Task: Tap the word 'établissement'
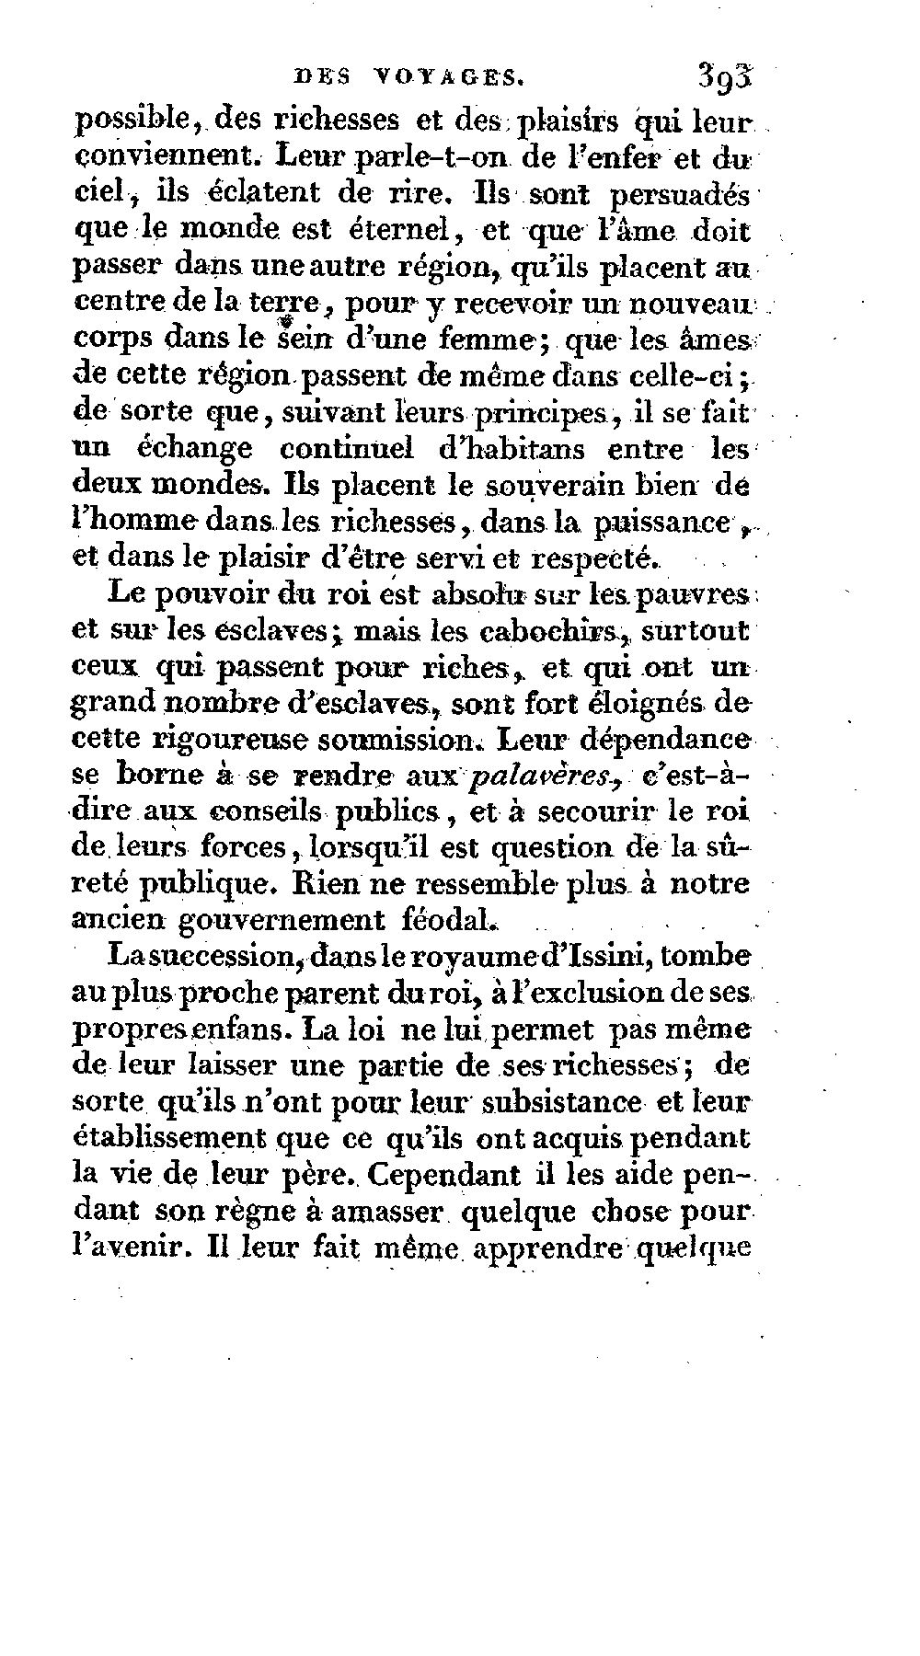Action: (167, 1139)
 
